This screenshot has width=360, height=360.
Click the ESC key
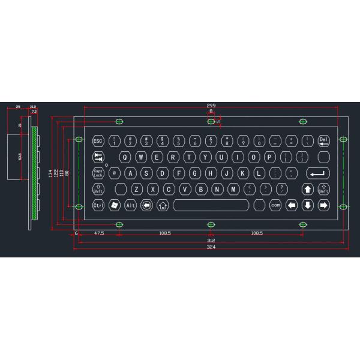click(x=98, y=142)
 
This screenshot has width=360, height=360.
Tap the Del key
click(x=324, y=142)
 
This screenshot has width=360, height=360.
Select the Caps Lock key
click(x=98, y=173)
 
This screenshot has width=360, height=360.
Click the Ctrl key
click(x=98, y=205)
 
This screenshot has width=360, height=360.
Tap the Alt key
click(x=130, y=205)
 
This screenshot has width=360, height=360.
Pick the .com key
click(x=275, y=205)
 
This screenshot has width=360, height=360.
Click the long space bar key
click(x=211, y=205)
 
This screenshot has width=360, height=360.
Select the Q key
click(x=124, y=157)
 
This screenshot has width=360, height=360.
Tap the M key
click(x=233, y=190)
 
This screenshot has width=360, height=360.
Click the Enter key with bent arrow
click(x=318, y=173)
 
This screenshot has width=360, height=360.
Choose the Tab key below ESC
click(x=98, y=157)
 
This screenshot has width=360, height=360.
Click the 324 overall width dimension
click(x=211, y=247)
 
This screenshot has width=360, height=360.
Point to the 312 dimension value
click(x=211, y=241)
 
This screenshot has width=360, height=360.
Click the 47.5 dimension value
click(x=98, y=232)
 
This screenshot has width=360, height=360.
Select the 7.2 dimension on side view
click(x=34, y=112)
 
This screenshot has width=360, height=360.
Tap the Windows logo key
click(x=115, y=205)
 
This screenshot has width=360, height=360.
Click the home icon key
click(x=162, y=205)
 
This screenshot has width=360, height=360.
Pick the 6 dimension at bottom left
click(x=76, y=232)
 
